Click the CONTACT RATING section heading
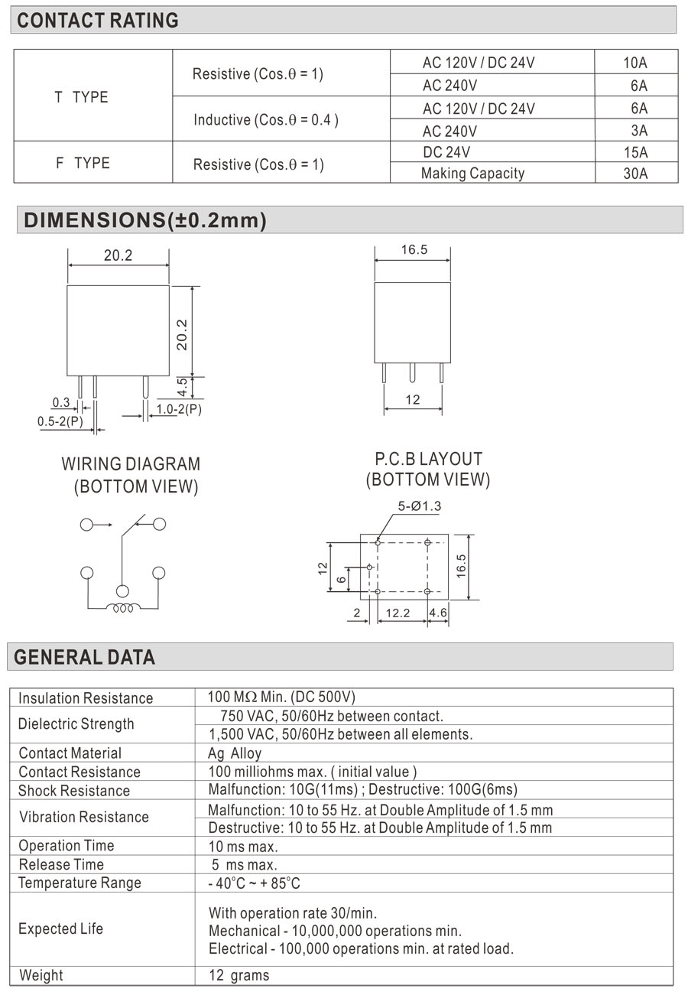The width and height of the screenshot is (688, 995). coord(97,21)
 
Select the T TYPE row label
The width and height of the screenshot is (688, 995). coord(81,97)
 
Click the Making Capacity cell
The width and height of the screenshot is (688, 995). coord(472,174)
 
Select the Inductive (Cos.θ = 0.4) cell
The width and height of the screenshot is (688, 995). coord(265,120)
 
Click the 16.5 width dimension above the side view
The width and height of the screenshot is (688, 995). coord(414,250)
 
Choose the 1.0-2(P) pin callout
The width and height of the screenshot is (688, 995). coord(179,409)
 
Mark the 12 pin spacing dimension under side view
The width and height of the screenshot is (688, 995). coord(413,399)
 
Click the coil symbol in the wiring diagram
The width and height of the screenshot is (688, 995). coord(122,609)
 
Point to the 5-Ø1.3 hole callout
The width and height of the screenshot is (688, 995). coord(419,506)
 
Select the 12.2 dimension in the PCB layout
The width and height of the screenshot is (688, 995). coord(398,613)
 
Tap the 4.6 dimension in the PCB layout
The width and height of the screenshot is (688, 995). coord(438,613)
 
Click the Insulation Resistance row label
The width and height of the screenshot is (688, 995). coord(86,698)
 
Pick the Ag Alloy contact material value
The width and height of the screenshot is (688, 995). coord(235,753)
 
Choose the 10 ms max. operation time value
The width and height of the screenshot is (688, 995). coord(243,846)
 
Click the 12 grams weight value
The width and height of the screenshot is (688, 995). coord(239,975)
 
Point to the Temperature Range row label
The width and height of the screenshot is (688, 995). coord(80,883)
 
